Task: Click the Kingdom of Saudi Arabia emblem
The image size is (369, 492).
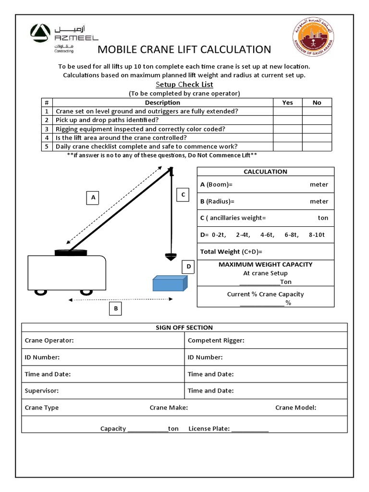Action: [316, 38]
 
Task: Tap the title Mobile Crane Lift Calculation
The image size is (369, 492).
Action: [184, 49]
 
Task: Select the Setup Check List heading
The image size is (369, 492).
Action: [184, 85]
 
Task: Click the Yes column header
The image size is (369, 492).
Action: [287, 102]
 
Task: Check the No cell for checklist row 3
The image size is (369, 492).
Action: [317, 129]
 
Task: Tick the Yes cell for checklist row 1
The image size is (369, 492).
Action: [287, 111]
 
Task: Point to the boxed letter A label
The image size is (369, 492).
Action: [94, 197]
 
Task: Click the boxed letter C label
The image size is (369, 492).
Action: [183, 195]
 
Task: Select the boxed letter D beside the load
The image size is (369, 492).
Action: [189, 267]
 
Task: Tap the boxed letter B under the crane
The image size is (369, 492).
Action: [115, 309]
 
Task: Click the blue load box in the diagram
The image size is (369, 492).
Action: [169, 283]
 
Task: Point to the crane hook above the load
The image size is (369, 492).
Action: [170, 255]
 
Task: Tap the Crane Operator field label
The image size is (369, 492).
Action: [49, 340]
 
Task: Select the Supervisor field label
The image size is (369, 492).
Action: [42, 391]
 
